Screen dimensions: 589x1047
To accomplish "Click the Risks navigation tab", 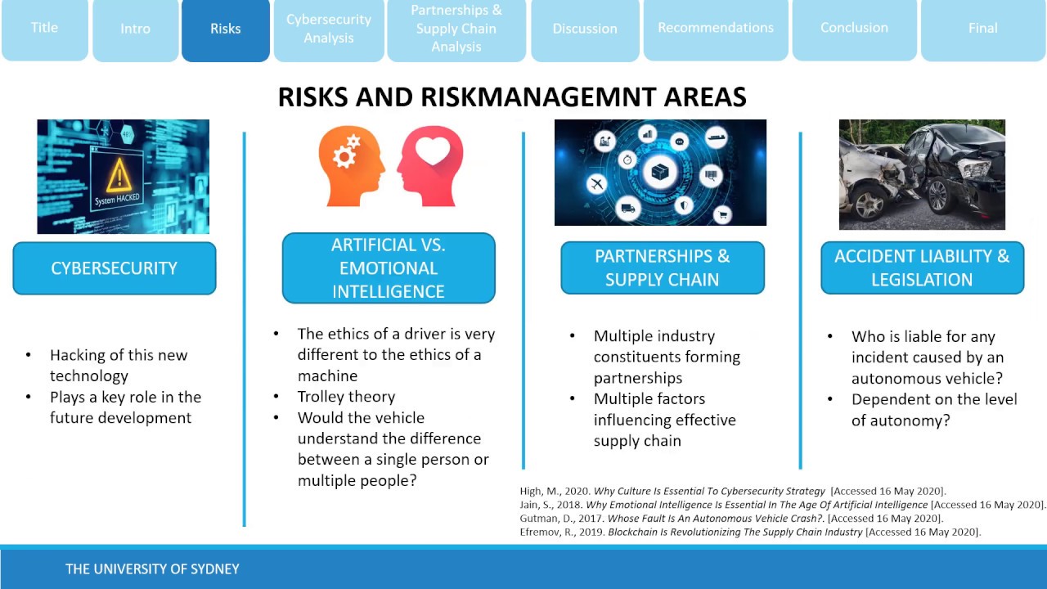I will tap(225, 29).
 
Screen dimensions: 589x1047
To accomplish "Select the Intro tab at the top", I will tap(135, 29).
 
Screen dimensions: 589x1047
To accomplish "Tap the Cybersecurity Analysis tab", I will tap(329, 29).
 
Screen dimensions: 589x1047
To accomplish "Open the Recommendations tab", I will tap(716, 28).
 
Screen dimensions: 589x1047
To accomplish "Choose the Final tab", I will tap(982, 28).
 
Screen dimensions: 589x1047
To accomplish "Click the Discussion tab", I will tap(585, 29).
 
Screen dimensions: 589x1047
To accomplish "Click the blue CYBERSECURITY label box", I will tap(115, 268).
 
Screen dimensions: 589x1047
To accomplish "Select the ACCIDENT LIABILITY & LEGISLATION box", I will tap(922, 268).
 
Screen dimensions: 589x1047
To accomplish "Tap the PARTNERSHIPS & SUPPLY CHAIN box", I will tap(662, 268).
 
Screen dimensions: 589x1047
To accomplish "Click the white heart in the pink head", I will tap(433, 151).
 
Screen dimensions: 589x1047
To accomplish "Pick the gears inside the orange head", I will tap(347, 152).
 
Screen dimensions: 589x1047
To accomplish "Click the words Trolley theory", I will tap(346, 397).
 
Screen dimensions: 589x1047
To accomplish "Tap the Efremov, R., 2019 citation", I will tap(749, 532).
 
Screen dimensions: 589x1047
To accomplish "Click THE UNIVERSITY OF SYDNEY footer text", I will tap(152, 569).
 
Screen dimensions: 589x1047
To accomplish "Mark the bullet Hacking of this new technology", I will tap(119, 366).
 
